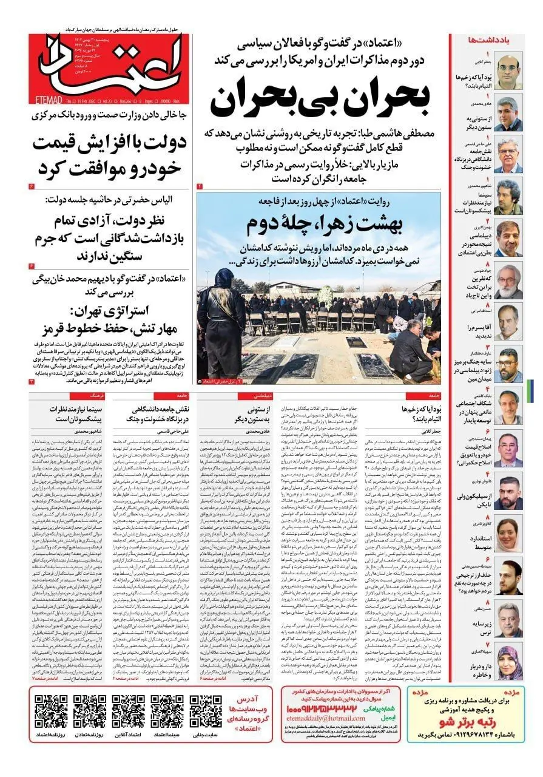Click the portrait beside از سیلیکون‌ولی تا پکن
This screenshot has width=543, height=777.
click(x=507, y=493)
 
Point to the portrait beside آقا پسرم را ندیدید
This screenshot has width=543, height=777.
click(x=507, y=322)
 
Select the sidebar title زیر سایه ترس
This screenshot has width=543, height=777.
click(x=473, y=626)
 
